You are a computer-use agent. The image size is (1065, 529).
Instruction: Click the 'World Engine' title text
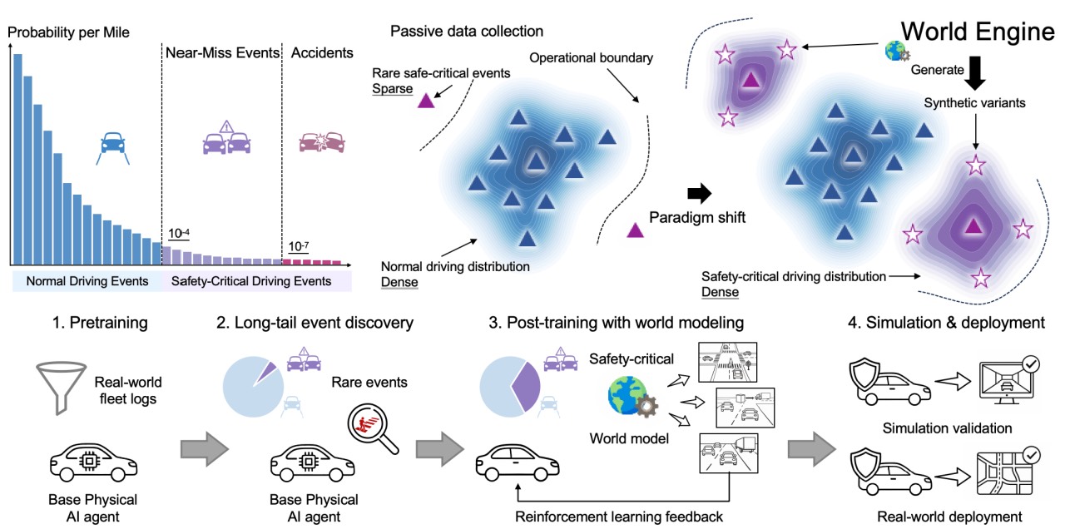(978, 32)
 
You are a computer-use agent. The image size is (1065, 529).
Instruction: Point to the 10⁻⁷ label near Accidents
(297, 247)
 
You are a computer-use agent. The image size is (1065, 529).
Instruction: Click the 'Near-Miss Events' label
(221, 53)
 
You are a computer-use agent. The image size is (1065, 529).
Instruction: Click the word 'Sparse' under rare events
(394, 89)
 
